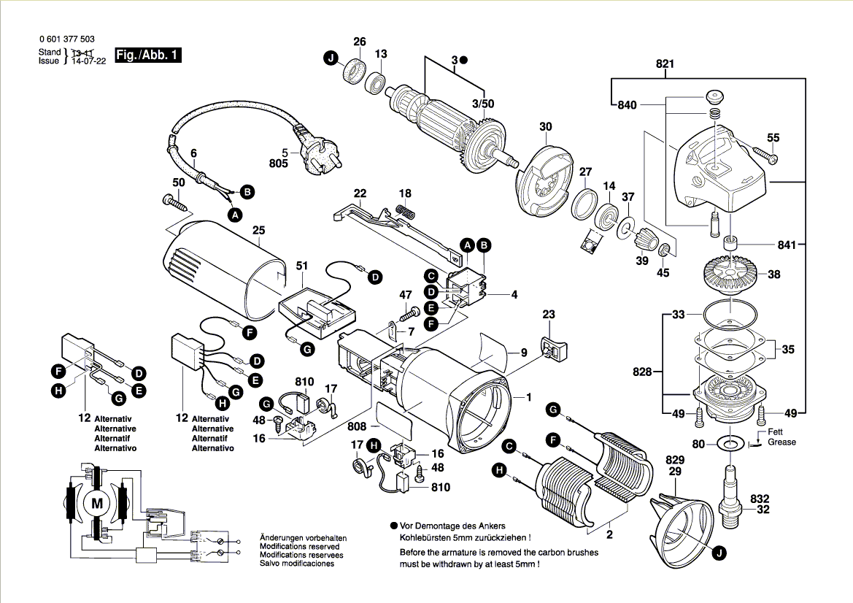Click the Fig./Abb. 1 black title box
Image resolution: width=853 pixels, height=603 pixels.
pyautogui.click(x=147, y=55)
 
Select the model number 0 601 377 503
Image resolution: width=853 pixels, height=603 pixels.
pyautogui.click(x=65, y=39)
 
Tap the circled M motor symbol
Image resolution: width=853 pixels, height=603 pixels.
pyautogui.click(x=96, y=502)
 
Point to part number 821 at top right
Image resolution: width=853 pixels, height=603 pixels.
pyautogui.click(x=665, y=64)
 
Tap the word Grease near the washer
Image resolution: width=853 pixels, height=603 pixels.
pyautogui.click(x=781, y=442)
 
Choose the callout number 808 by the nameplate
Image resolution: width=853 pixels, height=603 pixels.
pyautogui.click(x=357, y=426)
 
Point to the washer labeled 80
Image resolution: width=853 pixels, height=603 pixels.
pyautogui.click(x=730, y=442)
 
